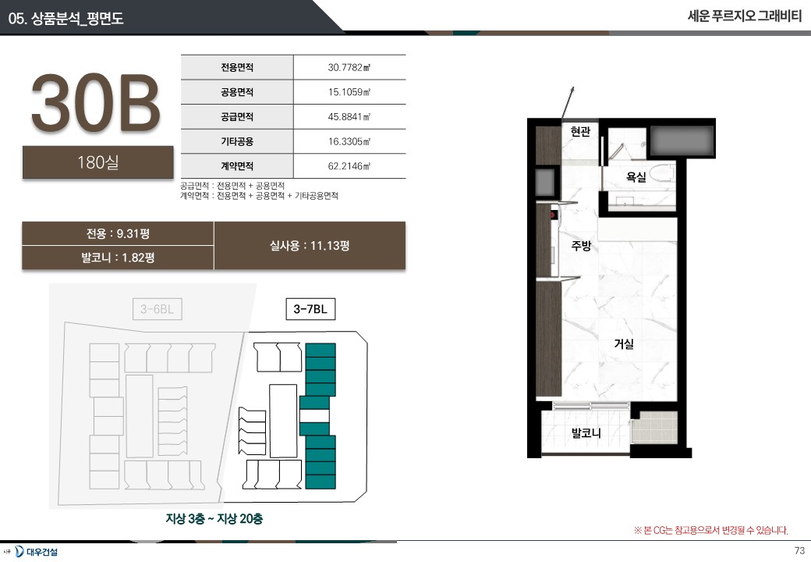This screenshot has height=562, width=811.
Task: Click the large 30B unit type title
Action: click(x=96, y=102)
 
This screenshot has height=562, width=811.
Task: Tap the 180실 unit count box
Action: click(x=97, y=162)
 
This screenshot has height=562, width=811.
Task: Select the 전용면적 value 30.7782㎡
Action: click(x=349, y=67)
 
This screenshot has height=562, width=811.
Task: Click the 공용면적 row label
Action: click(x=237, y=92)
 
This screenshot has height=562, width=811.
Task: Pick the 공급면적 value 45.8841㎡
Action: click(x=349, y=117)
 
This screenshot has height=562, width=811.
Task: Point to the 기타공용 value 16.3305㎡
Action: click(x=349, y=141)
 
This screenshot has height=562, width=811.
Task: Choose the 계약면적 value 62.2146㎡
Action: click(x=349, y=166)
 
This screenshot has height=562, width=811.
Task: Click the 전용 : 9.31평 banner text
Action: click(x=118, y=234)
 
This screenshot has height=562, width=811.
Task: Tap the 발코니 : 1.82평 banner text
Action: click(x=118, y=258)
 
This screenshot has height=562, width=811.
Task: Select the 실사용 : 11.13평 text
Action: click(x=310, y=246)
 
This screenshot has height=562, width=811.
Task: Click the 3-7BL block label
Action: click(x=310, y=309)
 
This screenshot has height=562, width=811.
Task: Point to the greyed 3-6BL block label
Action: click(x=158, y=309)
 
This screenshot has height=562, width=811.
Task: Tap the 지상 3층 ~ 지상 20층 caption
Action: click(x=214, y=518)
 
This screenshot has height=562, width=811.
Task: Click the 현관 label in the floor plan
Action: click(x=580, y=131)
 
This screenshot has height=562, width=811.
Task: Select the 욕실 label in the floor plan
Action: click(x=636, y=177)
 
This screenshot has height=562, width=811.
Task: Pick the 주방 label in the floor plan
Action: click(x=582, y=245)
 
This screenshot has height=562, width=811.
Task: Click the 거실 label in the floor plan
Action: click(x=624, y=343)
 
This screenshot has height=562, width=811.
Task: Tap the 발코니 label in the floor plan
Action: click(x=586, y=433)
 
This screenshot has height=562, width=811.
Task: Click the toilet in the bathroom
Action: click(x=661, y=173)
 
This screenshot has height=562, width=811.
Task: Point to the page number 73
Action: click(x=799, y=550)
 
